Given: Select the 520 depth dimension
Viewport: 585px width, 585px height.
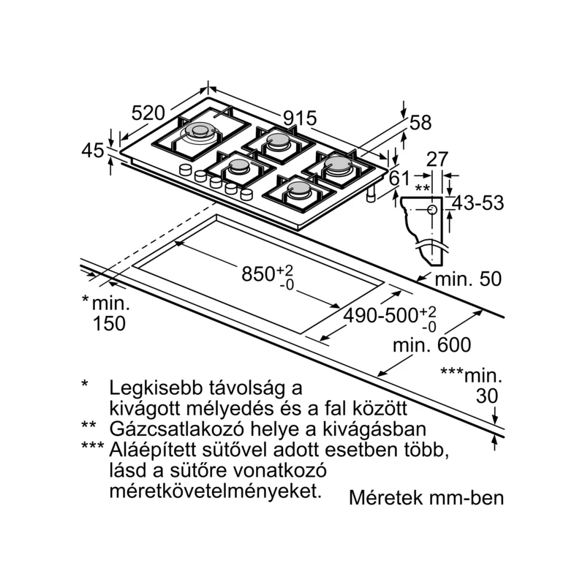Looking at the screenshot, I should point(147,113).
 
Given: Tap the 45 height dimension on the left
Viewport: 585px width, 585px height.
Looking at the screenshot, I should point(93,151).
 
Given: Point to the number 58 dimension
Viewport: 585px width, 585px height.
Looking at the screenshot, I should point(420,124).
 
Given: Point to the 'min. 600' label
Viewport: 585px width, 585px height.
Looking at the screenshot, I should point(431,344).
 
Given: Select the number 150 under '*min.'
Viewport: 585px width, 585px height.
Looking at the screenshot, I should point(109,323).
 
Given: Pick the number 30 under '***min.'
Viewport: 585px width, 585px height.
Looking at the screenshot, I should point(486,396).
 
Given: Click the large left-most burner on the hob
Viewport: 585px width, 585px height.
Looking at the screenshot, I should point(200,133).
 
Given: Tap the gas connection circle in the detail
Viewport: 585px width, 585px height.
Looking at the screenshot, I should point(431,210).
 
